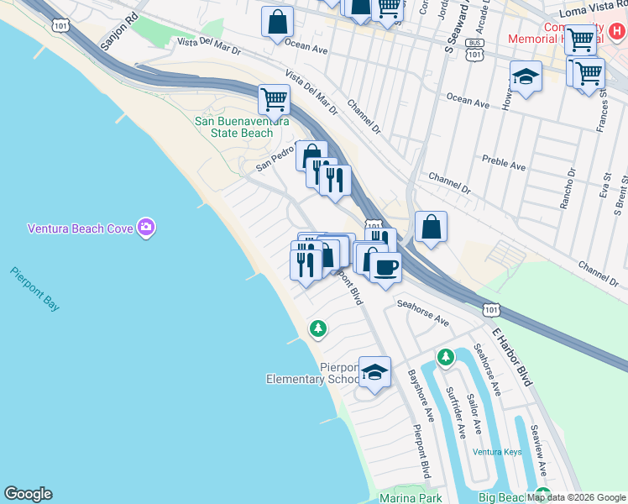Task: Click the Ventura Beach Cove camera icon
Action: click(x=147, y=227)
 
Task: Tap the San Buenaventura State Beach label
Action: click(x=242, y=127)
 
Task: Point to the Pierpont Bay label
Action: click(x=35, y=289)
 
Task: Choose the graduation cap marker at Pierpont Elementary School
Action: click(x=374, y=372)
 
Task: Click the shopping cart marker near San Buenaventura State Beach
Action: click(x=274, y=100)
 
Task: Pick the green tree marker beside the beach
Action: click(x=317, y=328)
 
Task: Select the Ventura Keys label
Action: click(x=496, y=452)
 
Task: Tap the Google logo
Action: click(x=28, y=494)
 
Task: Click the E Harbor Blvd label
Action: click(x=512, y=358)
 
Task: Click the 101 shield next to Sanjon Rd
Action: click(x=60, y=26)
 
